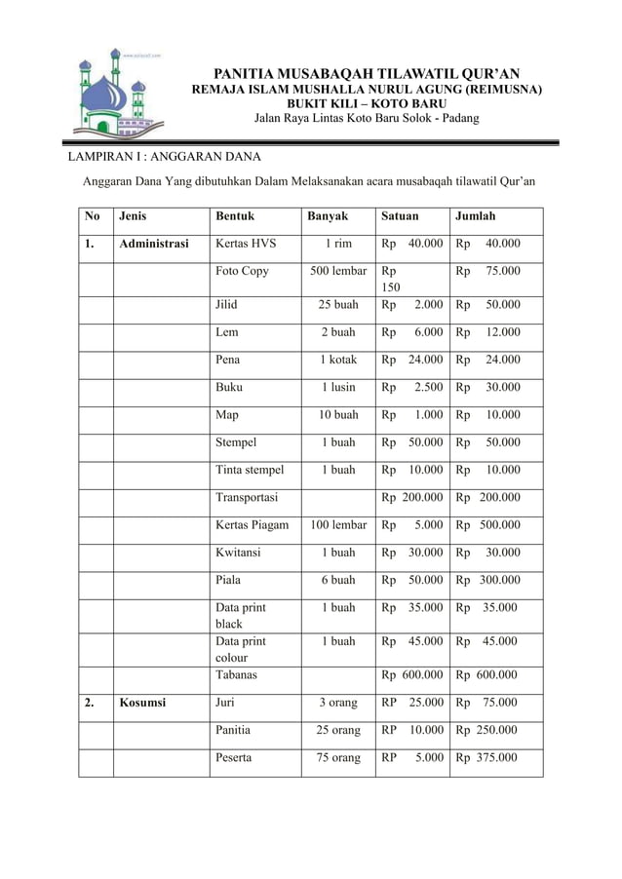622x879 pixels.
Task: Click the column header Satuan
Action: coord(400,216)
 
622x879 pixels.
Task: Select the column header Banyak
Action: coord(328,216)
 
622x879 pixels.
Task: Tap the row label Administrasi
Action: coord(154,244)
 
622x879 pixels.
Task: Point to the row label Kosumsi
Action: coord(142,703)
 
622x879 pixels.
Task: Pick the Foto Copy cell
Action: coord(243,271)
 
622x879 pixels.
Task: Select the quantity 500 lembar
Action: coord(338,271)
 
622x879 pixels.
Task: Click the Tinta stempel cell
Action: coord(251,470)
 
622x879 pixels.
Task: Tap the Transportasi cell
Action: coord(247,497)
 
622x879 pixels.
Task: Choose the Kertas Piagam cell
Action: coord(253,525)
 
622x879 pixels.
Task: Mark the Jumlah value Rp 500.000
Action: coord(488,525)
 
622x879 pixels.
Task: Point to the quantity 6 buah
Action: coord(338,580)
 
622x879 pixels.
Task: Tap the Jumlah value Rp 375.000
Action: coord(487,757)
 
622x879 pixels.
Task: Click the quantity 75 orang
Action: coord(338,757)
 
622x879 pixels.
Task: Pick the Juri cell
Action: coord(227,703)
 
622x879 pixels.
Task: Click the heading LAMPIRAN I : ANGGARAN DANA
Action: coord(163,157)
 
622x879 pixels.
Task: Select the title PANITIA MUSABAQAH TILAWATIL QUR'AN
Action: coord(366,73)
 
